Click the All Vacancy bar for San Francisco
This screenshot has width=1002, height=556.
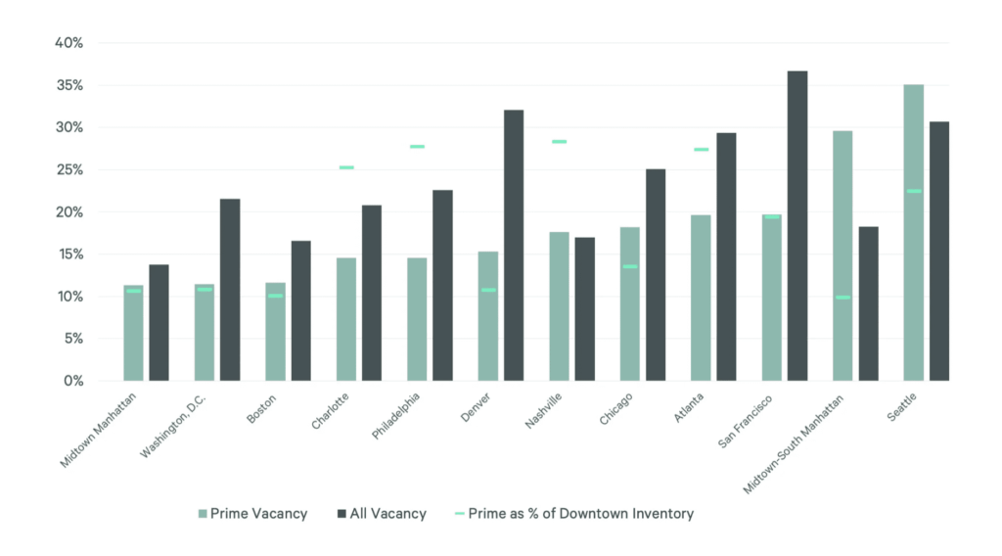tap(797, 225)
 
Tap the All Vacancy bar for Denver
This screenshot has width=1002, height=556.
tap(513, 245)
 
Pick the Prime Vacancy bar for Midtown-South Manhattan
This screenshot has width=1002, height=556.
tap(842, 255)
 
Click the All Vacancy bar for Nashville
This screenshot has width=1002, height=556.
tap(584, 308)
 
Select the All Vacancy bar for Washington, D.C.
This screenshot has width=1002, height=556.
tap(229, 289)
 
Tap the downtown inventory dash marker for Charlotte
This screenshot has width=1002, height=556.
tap(346, 167)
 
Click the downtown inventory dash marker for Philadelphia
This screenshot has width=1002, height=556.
tap(417, 147)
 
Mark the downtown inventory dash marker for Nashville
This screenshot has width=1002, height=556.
tap(559, 142)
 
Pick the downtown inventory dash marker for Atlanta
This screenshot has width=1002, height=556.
tap(701, 150)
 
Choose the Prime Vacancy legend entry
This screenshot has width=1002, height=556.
tap(252, 514)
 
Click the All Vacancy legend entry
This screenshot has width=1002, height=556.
tap(382, 514)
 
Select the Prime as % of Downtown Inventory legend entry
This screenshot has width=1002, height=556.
tap(575, 514)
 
